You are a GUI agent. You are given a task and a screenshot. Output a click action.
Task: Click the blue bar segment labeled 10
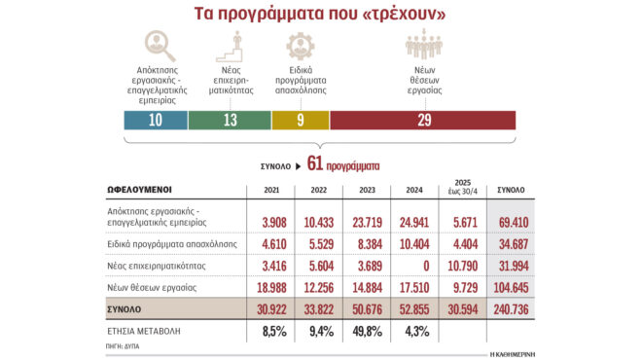coord(155,120)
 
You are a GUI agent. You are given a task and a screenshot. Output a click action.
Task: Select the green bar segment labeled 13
coord(230,120)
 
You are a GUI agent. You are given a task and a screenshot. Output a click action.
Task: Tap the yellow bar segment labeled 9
coord(301,120)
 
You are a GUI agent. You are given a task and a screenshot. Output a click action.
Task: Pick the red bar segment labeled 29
coord(423,120)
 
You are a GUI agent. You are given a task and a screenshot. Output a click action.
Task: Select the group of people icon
coord(423,46)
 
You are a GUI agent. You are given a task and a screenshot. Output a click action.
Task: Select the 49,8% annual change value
coord(361,333)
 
